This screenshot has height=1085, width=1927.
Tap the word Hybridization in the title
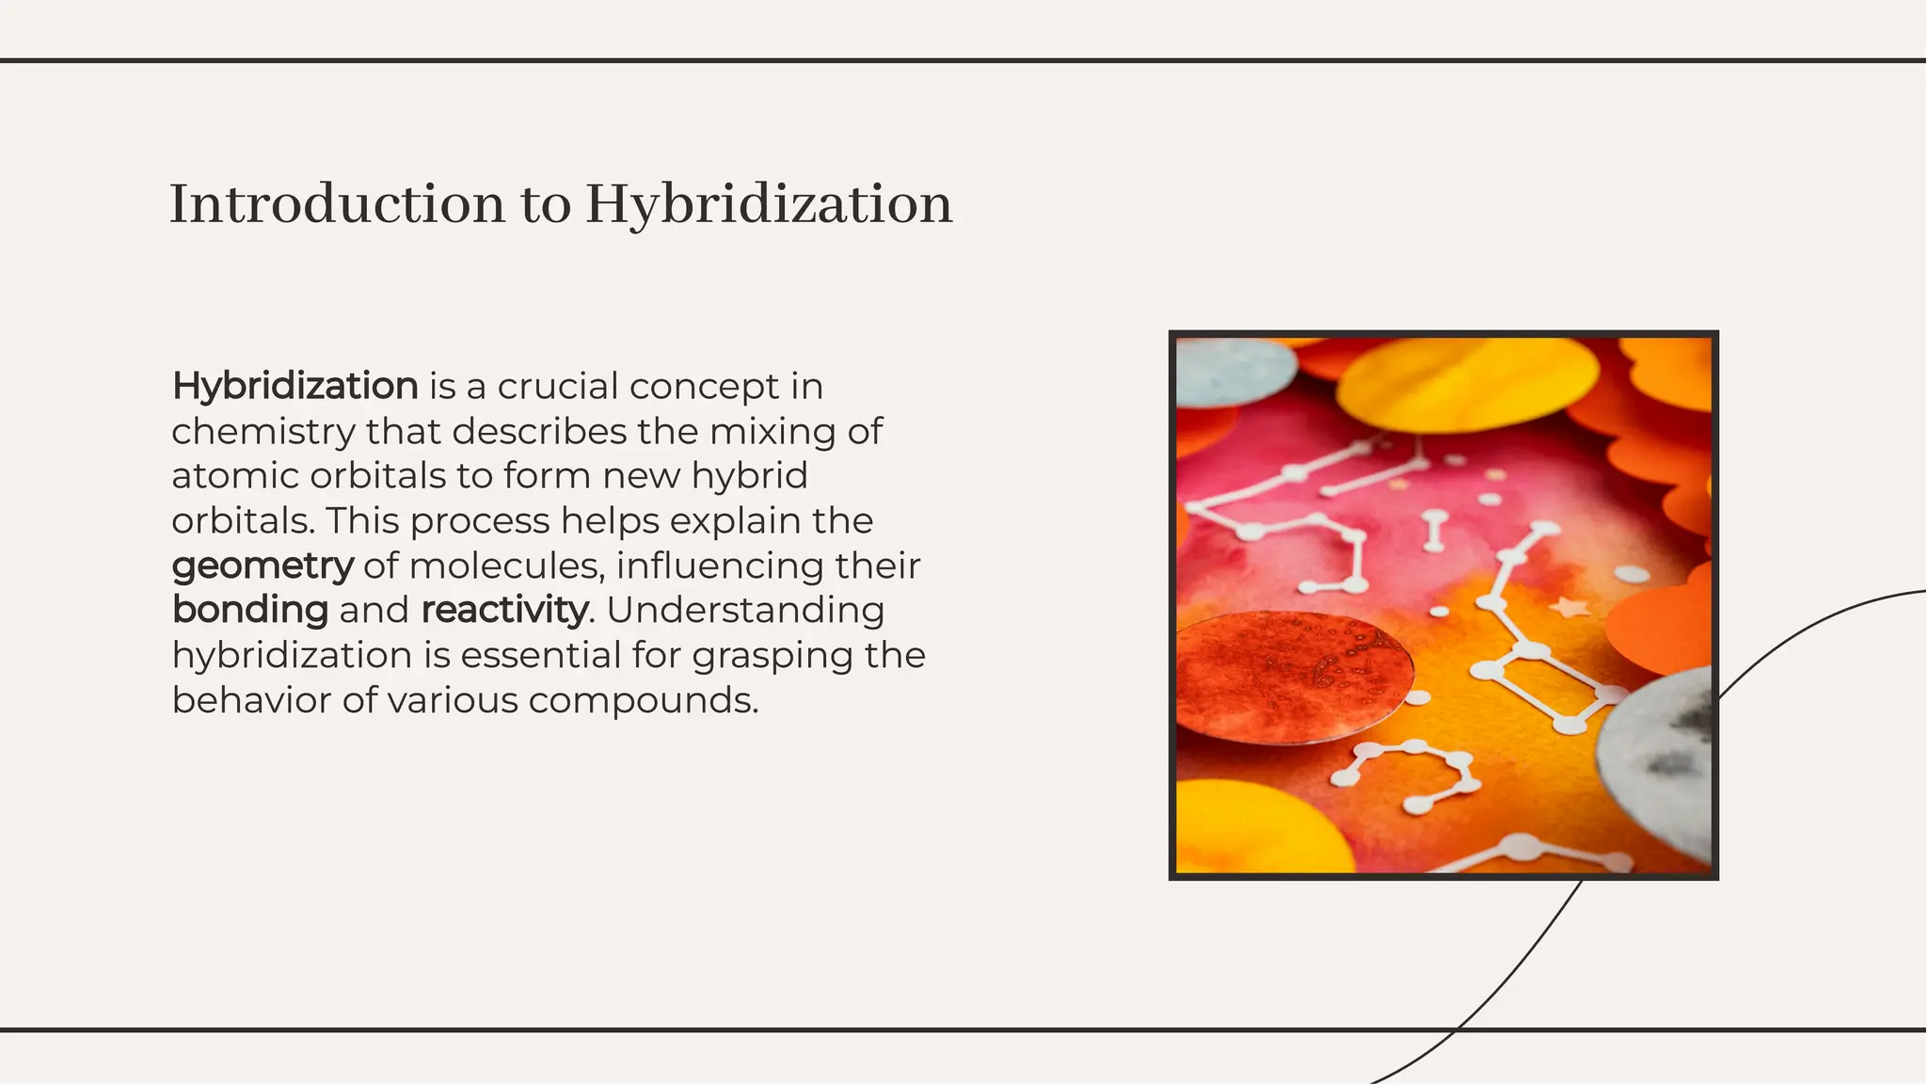(768, 205)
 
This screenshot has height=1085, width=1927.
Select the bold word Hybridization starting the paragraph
(295, 386)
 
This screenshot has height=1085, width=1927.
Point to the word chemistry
(263, 431)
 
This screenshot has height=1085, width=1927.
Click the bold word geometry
(263, 566)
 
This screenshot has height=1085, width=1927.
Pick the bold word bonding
(250, 610)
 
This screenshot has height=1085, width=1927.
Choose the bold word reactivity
(504, 610)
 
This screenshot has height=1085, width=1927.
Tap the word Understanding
(745, 610)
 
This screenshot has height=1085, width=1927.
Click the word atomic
(235, 475)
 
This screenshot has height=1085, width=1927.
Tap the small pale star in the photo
(1569, 607)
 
